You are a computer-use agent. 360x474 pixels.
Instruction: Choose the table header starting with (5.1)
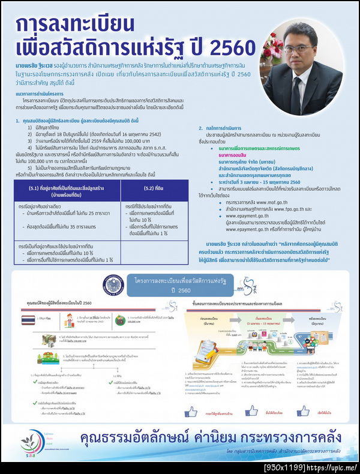tap(66, 192)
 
